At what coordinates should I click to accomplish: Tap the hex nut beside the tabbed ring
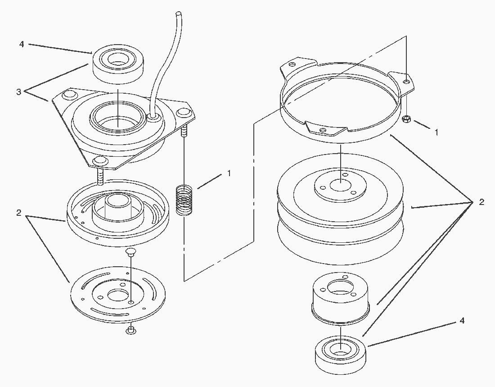pyautogui.click(x=406, y=119)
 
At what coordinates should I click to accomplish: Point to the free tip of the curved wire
pyautogui.click(x=179, y=14)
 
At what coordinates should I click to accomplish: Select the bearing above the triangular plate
pyautogui.click(x=118, y=65)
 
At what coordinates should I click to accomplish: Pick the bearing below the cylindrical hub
pyautogui.click(x=341, y=355)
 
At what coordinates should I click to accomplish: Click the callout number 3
pyautogui.click(x=18, y=92)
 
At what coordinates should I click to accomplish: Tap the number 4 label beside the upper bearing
pyautogui.click(x=22, y=44)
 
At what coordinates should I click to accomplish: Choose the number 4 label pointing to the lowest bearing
pyautogui.click(x=462, y=321)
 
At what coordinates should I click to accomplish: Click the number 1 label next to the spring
pyautogui.click(x=229, y=173)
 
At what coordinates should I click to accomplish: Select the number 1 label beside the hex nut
pyautogui.click(x=436, y=132)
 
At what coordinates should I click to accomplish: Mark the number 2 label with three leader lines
pyautogui.click(x=481, y=202)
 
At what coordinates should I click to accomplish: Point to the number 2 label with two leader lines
pyautogui.click(x=18, y=213)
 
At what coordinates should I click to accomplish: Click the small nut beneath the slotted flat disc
pyautogui.click(x=130, y=331)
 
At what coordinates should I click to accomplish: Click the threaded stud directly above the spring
pyautogui.click(x=184, y=130)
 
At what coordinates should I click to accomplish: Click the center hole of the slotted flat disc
pyautogui.click(x=118, y=295)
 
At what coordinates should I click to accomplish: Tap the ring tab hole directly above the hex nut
pyautogui.click(x=407, y=82)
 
